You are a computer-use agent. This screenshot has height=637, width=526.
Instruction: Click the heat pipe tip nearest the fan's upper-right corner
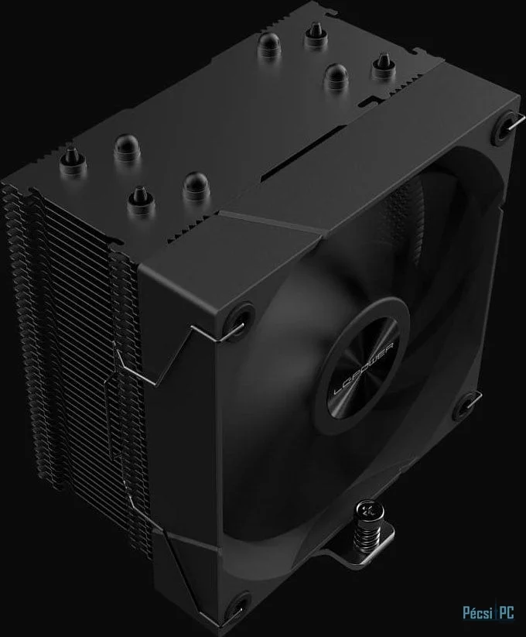pyautogui.click(x=383, y=67)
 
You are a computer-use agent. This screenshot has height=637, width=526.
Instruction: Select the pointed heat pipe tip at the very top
pyautogui.click(x=314, y=33)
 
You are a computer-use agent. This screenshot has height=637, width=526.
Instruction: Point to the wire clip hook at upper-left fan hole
pyautogui.click(x=224, y=334)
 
